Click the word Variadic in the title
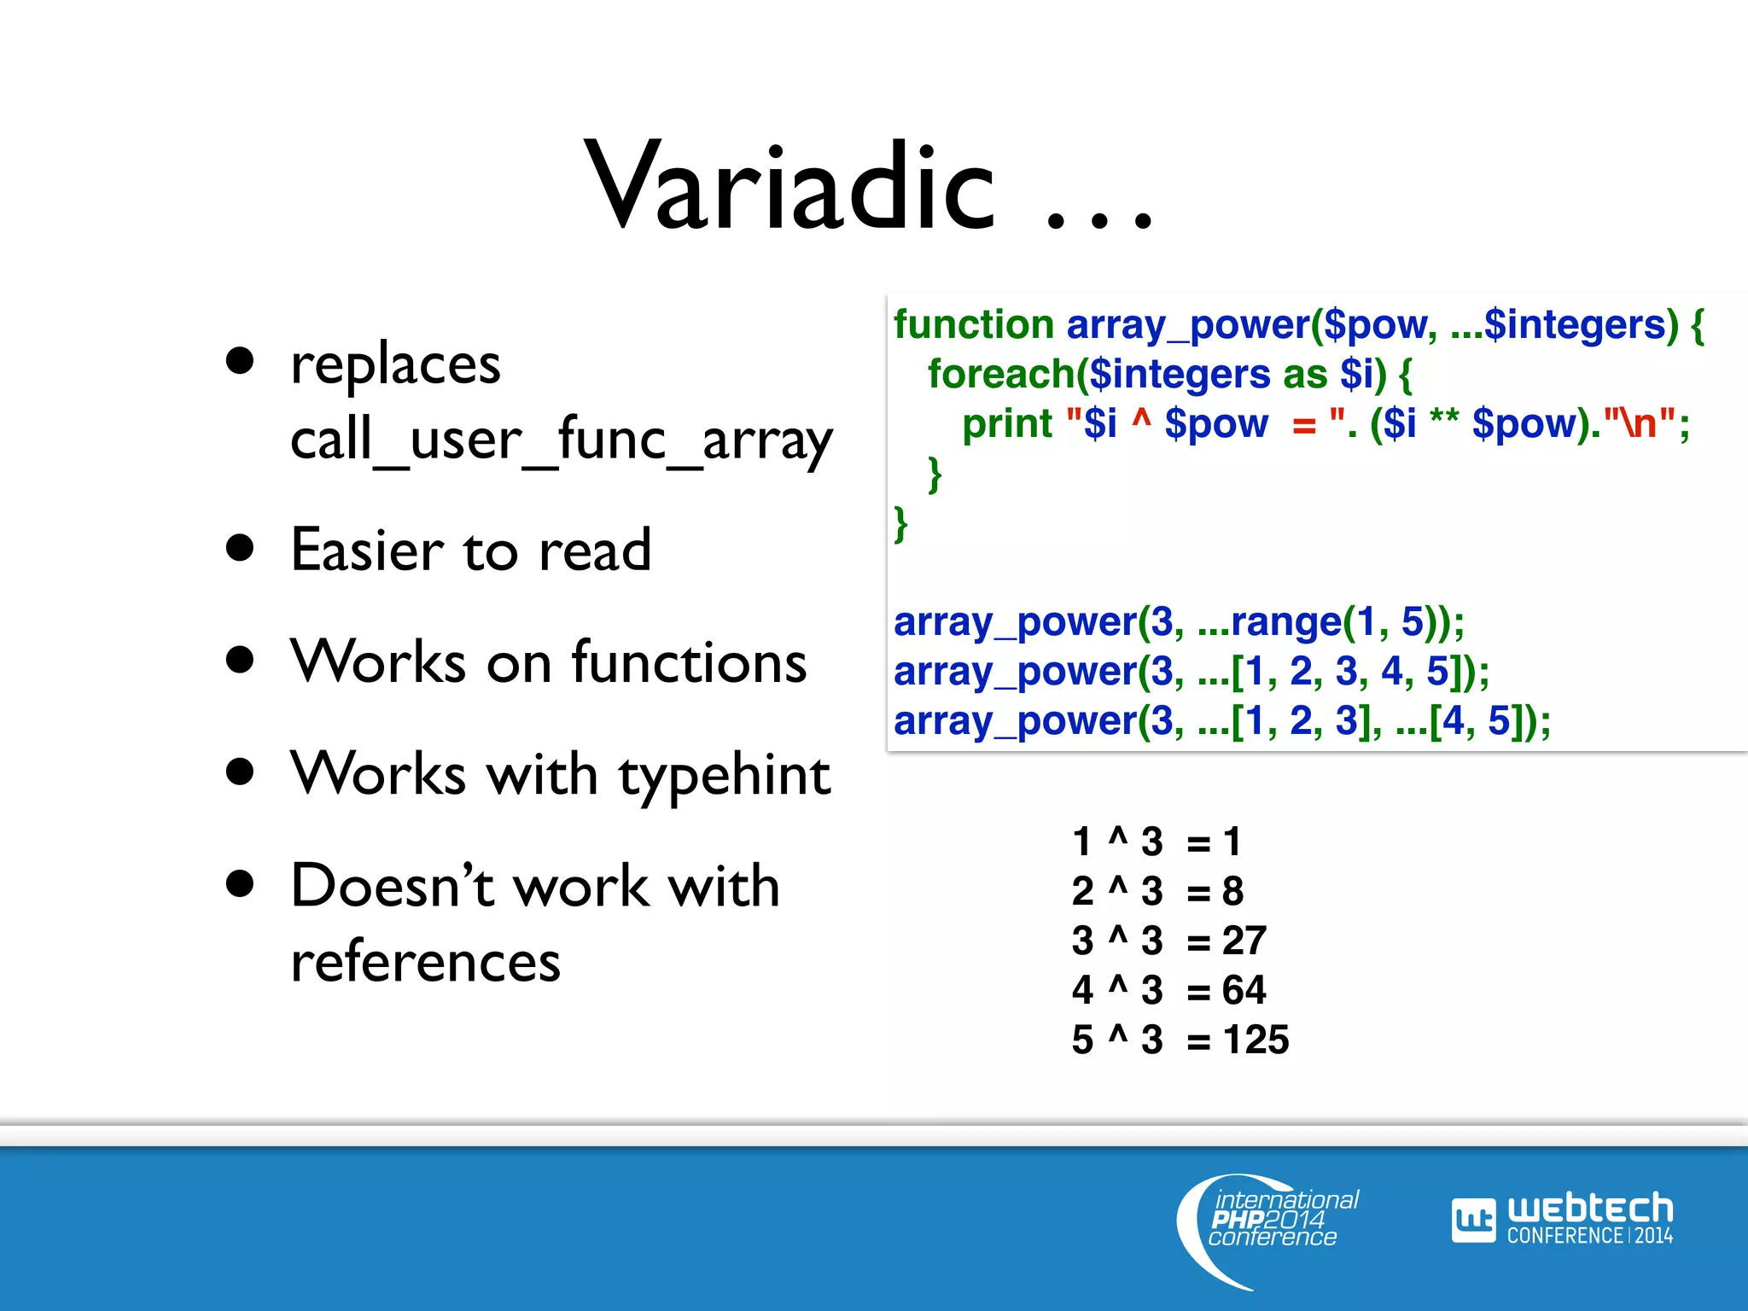tap(790, 188)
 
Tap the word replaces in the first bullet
tap(395, 365)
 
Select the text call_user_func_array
tap(561, 440)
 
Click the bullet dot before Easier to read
tap(241, 548)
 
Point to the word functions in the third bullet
tap(689, 662)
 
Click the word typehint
tap(725, 776)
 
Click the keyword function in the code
tap(974, 325)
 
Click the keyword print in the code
tap(1007, 424)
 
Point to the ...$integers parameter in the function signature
tap(1557, 325)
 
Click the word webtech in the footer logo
tap(1589, 1209)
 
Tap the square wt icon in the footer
tap(1473, 1221)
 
